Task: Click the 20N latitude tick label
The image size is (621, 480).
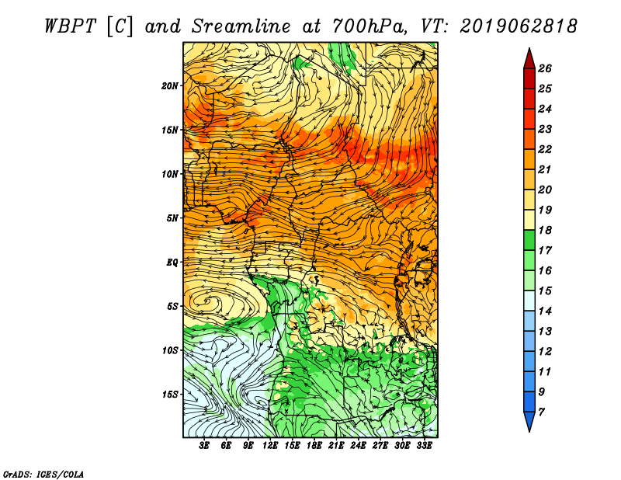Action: [x=169, y=86]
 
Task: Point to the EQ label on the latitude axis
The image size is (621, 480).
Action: [x=172, y=263]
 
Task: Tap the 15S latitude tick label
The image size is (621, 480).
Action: [x=169, y=395]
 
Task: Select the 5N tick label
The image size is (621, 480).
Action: [x=172, y=218]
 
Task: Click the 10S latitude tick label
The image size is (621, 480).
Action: [x=169, y=350]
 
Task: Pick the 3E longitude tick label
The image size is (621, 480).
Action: [x=204, y=446]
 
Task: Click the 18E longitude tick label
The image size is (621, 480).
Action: [x=314, y=446]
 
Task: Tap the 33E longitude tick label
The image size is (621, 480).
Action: [x=424, y=446]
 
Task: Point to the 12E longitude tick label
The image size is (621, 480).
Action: [x=270, y=446]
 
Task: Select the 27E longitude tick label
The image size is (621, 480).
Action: [x=380, y=446]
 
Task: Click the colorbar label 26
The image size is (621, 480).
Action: [x=545, y=68]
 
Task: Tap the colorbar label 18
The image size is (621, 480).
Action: [x=545, y=230]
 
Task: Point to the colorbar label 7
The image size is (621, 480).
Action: [x=541, y=412]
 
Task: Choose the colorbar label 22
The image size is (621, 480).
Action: [x=545, y=149]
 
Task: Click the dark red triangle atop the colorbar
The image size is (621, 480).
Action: [x=529, y=60]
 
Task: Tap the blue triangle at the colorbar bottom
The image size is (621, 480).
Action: [x=529, y=420]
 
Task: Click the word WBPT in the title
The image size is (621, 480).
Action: [x=71, y=26]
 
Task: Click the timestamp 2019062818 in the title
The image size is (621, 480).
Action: [x=519, y=26]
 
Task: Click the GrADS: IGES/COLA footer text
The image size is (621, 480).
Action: [x=43, y=474]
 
